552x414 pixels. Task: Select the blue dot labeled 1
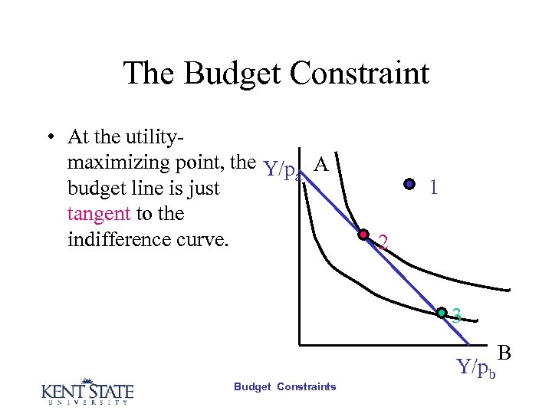click(x=410, y=184)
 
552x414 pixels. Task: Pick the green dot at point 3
click(x=442, y=312)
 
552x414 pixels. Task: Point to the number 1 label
click(x=434, y=188)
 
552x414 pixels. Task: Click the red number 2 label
click(x=383, y=244)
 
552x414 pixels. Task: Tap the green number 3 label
click(x=456, y=315)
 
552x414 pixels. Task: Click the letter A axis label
click(x=322, y=165)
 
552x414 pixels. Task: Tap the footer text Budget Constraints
click(x=284, y=386)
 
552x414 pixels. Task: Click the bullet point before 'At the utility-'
click(x=48, y=138)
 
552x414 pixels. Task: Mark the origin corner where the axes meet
click(x=299, y=343)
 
